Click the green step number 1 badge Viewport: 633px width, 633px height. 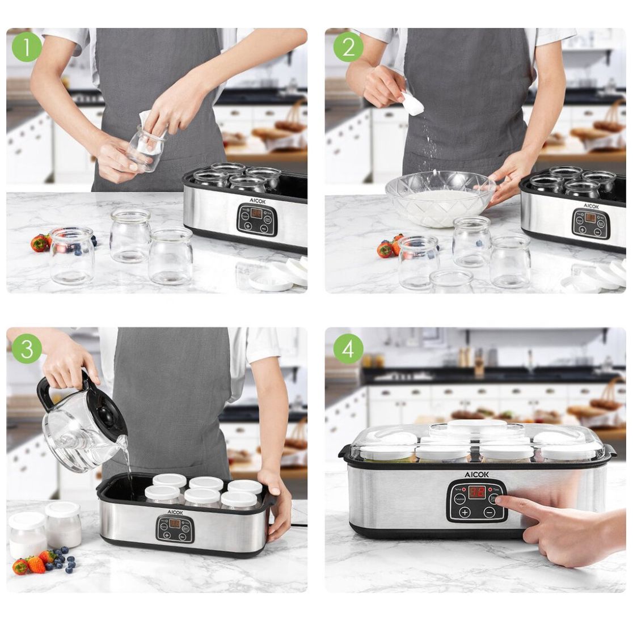27,47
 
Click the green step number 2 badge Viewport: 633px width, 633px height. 348,47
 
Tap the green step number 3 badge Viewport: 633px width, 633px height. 27,348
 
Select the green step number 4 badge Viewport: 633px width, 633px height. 348,348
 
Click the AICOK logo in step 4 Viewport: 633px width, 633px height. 477,475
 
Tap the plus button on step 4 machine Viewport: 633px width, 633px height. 465,512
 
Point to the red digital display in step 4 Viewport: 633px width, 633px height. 478,491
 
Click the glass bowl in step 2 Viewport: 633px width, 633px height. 440,199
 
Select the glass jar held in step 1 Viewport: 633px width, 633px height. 146,148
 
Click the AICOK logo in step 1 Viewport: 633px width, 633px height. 257,201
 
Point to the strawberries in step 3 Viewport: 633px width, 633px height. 31,563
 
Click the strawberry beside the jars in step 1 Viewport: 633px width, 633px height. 40,243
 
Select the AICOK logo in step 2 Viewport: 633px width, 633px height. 591,206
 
